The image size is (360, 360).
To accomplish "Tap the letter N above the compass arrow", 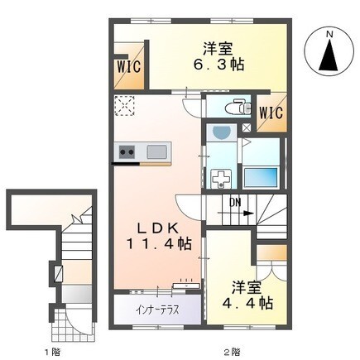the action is pos(329,34).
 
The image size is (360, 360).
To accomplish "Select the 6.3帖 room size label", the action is pos(218,65).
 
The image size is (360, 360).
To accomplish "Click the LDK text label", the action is pos(157,229).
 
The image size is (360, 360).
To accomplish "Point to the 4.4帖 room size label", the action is pos(247,304).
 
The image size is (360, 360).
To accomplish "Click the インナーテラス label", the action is pos(157,310).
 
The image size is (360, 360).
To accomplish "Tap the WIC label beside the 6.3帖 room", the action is pos(129,67).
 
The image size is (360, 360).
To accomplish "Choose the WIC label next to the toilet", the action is pos(271,113).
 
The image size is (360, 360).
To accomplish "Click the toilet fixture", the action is pos(238,108).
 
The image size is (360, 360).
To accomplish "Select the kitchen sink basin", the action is pos(156,152).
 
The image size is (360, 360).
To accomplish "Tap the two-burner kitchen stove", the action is pos(127,151).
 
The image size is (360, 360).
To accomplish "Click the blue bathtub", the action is pos(261,177).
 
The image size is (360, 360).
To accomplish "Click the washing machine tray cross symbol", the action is pos(221,179).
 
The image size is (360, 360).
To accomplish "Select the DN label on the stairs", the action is pos(235,203).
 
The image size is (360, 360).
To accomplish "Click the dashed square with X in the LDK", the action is pos(125,106).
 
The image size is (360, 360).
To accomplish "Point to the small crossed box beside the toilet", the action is pos(247,127).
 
